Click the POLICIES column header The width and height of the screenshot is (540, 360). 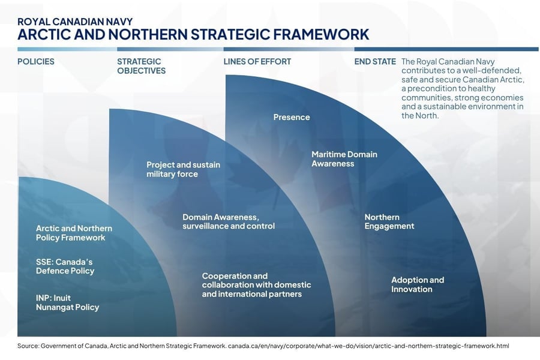coord(36,62)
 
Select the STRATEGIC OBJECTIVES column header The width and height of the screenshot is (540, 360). coord(142,66)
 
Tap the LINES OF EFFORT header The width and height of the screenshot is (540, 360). coord(257,62)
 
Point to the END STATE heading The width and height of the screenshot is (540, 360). coord(375,62)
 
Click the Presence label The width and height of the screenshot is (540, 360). coord(292,117)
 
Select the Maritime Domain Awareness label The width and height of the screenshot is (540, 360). coord(344,159)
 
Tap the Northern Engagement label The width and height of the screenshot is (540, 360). coord(389,221)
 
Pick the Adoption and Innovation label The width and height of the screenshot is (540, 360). coord(418,284)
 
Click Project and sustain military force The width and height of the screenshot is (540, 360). coord(183,169)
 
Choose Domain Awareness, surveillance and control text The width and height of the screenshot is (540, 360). coord(228,221)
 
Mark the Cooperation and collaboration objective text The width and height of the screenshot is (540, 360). coord(256,285)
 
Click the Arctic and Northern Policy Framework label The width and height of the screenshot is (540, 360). coord(74,233)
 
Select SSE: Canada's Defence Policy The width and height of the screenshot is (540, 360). coord(65,266)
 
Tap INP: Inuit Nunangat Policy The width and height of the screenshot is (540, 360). coord(67,302)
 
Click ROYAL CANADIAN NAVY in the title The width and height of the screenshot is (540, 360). coord(75,22)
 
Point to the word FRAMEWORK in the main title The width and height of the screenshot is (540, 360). coord(321,34)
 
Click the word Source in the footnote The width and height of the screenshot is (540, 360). coord(28,346)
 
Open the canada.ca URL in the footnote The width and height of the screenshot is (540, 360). coord(368,346)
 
